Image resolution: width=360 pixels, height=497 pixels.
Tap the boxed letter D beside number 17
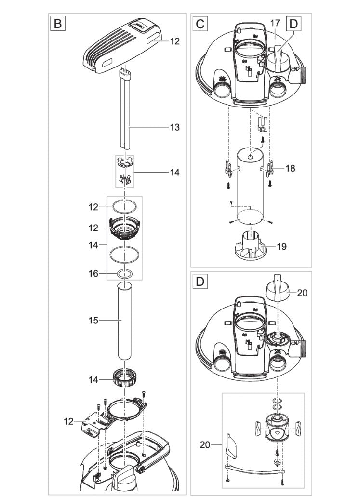click(x=294, y=24)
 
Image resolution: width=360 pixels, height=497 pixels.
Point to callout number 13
click(x=174, y=127)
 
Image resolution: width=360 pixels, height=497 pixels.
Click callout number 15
click(x=93, y=320)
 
